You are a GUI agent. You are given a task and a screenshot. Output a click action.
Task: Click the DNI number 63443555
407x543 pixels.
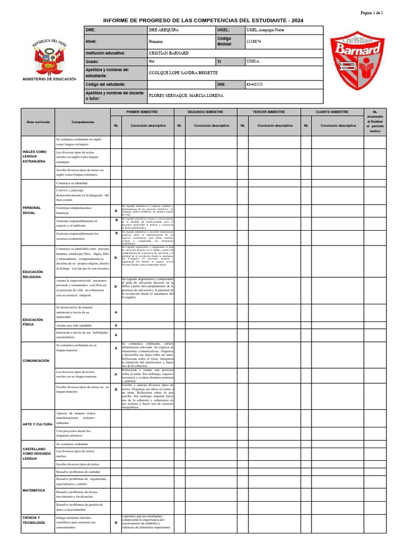point(255,84)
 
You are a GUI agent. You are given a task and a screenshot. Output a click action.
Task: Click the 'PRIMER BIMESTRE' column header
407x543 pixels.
point(142,112)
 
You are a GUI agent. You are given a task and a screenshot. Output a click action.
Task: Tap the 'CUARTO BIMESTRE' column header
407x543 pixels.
point(332,112)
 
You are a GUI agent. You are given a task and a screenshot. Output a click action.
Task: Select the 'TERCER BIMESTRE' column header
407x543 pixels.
point(269,112)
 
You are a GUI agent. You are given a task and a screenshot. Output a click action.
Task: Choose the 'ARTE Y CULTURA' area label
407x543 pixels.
point(37,424)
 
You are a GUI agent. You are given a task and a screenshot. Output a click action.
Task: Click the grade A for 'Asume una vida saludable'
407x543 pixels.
point(116,325)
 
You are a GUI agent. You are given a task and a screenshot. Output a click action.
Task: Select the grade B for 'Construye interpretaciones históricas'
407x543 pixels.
point(116,211)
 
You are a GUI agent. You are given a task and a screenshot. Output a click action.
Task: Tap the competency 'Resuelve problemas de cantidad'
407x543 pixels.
point(78,471)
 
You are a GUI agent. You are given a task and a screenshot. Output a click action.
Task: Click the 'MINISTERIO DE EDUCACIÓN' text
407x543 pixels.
point(49,79)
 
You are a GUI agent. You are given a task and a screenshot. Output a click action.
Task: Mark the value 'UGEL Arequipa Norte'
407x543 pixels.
point(266,30)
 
